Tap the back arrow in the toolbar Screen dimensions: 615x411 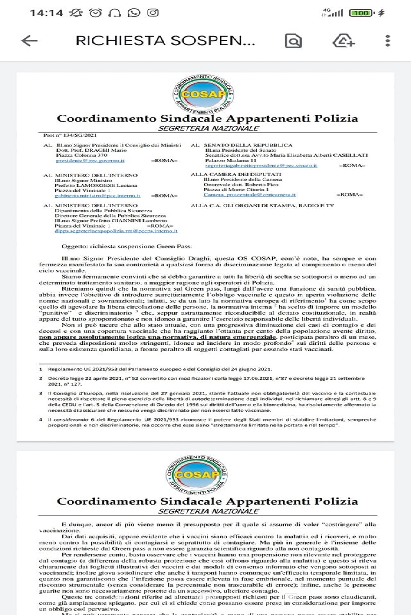[29, 41]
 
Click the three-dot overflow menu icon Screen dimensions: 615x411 [387, 41]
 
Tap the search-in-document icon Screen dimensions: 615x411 [293, 41]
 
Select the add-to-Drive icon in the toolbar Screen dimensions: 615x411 [344, 41]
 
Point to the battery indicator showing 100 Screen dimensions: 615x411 [362, 13]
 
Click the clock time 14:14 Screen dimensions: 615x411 [46, 13]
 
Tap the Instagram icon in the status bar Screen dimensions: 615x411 [153, 13]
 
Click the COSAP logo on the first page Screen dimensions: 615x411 [203, 94]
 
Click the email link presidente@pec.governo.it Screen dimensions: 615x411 [90, 161]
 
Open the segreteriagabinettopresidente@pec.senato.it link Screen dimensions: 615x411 [261, 166]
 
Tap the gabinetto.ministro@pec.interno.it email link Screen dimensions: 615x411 [97, 196]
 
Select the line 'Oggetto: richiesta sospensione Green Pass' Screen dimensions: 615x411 [126, 246]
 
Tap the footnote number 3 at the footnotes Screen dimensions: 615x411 [41, 393]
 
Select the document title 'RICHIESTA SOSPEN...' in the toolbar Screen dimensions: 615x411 [165, 41]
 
